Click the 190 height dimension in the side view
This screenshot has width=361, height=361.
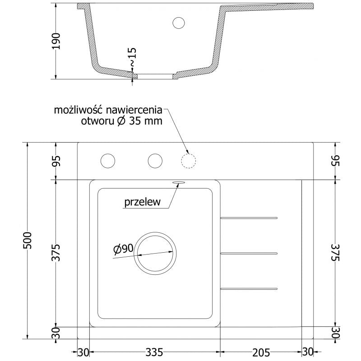pyautogui.click(x=56, y=42)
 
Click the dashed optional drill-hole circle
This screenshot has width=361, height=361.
pyautogui.click(x=188, y=161)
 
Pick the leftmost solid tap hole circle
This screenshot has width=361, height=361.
pyautogui.click(x=108, y=161)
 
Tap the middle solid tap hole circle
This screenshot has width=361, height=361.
pyautogui.click(x=155, y=161)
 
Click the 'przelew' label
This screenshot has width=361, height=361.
pyautogui.click(x=143, y=203)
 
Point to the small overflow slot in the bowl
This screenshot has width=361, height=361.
pyautogui.click(x=177, y=182)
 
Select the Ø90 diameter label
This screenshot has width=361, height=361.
pyautogui.click(x=123, y=248)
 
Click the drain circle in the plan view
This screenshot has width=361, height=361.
pyautogui.click(x=155, y=253)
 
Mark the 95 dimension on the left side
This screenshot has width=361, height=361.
pyautogui.click(x=56, y=161)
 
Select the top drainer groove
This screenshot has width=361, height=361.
pyautogui.click(x=249, y=218)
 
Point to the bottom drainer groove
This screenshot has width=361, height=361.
pyautogui.click(x=249, y=288)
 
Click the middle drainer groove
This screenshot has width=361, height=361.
pyautogui.click(x=249, y=253)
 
